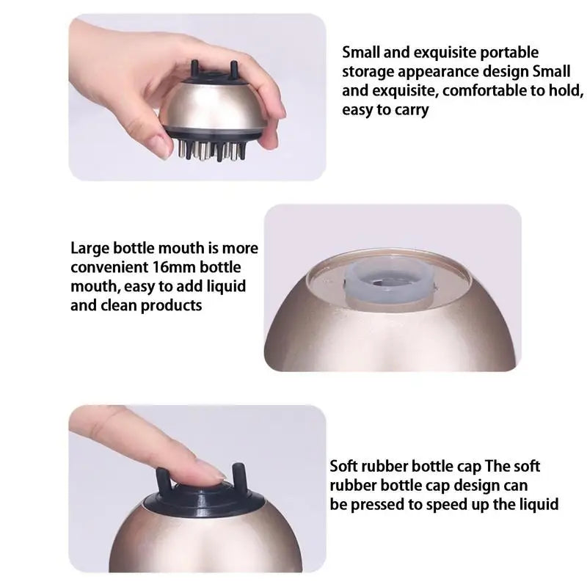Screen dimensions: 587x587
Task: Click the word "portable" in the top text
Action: coord(509,53)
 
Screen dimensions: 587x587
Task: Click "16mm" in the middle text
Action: coord(175,267)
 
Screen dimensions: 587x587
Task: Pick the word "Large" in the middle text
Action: coord(90,249)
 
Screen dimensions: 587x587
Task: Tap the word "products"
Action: coord(172,306)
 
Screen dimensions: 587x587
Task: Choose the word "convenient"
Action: coord(109,267)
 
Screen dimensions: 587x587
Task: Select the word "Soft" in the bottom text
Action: coord(344,467)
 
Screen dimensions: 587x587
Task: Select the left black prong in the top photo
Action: coord(194,68)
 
